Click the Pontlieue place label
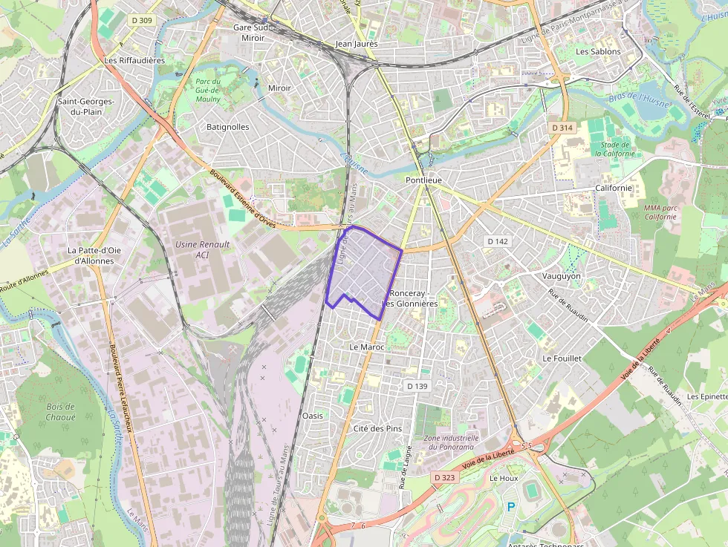tap(423, 180)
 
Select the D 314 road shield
tap(563, 128)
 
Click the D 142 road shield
tap(497, 241)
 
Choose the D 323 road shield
tap(443, 477)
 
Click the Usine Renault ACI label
tap(202, 249)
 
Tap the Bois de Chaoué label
tap(61, 411)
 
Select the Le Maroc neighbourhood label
tap(366, 347)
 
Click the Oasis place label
tap(313, 416)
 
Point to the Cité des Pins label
tap(377, 428)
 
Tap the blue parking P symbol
tap(510, 507)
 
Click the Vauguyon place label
tap(562, 275)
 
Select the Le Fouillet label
tap(562, 358)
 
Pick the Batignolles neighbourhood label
tap(227, 127)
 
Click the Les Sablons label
tap(598, 51)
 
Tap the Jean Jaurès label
tap(357, 44)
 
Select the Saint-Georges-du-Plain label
tap(85, 106)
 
